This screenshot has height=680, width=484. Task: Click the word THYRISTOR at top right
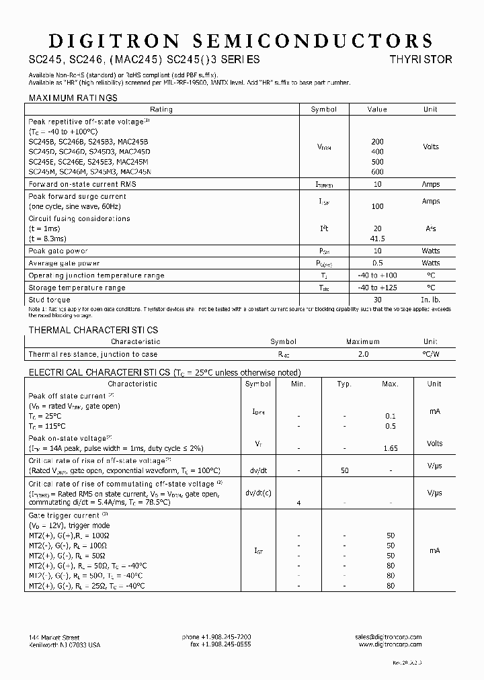[x=421, y=59]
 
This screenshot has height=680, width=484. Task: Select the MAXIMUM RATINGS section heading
[x=73, y=98]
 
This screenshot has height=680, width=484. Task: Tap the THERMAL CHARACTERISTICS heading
[x=93, y=330]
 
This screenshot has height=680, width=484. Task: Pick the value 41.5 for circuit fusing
[x=377, y=239]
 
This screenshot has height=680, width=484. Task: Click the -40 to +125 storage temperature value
[x=377, y=288]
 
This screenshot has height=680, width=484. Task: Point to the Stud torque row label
[x=49, y=300]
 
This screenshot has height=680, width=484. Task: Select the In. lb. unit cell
[x=430, y=300]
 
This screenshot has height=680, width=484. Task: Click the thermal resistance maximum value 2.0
[x=363, y=354]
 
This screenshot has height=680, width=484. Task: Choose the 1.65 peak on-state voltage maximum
[x=390, y=448]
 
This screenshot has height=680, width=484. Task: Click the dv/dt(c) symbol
[x=258, y=493]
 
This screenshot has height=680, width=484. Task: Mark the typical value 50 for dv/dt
[x=344, y=470]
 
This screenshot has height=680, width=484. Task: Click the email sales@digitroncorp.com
[x=388, y=637]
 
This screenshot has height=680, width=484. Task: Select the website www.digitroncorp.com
[x=390, y=644]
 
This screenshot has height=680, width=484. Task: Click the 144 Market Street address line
[x=54, y=637]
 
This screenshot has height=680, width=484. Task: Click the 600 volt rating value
[x=377, y=171]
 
